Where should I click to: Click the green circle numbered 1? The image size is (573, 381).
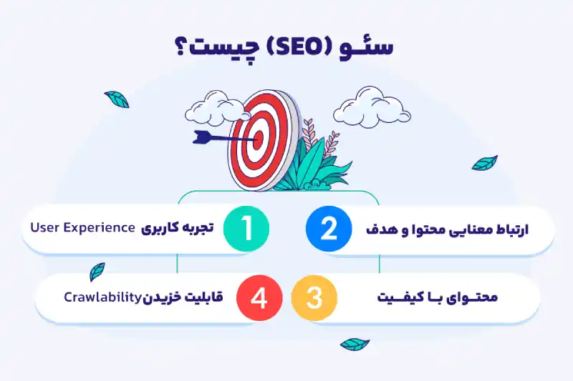(x=247, y=229)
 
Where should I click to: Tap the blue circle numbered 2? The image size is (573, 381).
(x=328, y=229)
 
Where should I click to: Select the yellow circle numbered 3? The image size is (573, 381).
(x=314, y=298)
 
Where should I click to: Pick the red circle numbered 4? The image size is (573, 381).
(x=259, y=298)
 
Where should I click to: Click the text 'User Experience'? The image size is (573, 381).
(x=83, y=228)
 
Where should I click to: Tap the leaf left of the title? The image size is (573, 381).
(x=117, y=99)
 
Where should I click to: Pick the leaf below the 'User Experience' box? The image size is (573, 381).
(x=97, y=272)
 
